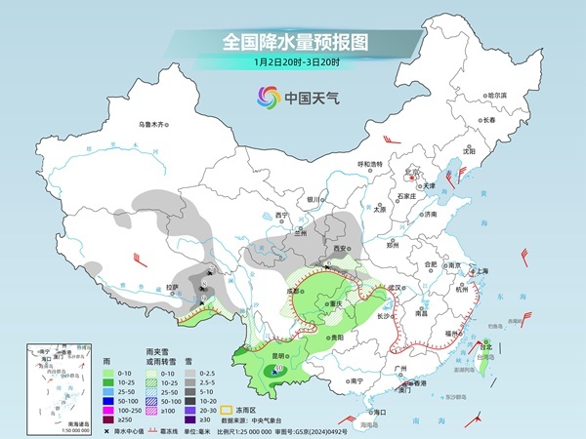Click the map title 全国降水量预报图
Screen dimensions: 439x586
pos(293,42)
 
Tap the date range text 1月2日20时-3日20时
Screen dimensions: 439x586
pos(293,63)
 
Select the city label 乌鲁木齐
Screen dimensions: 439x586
pos(152,124)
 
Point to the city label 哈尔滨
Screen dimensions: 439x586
pos(497,95)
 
